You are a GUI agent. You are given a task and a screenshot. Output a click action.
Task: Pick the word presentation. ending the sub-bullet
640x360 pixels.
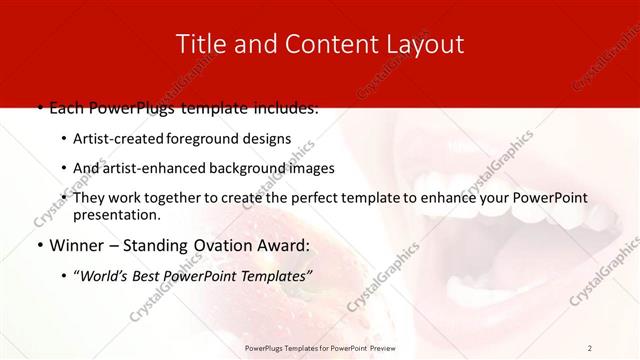click(x=116, y=214)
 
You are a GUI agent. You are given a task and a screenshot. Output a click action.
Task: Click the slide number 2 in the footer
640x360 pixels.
click(x=590, y=347)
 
